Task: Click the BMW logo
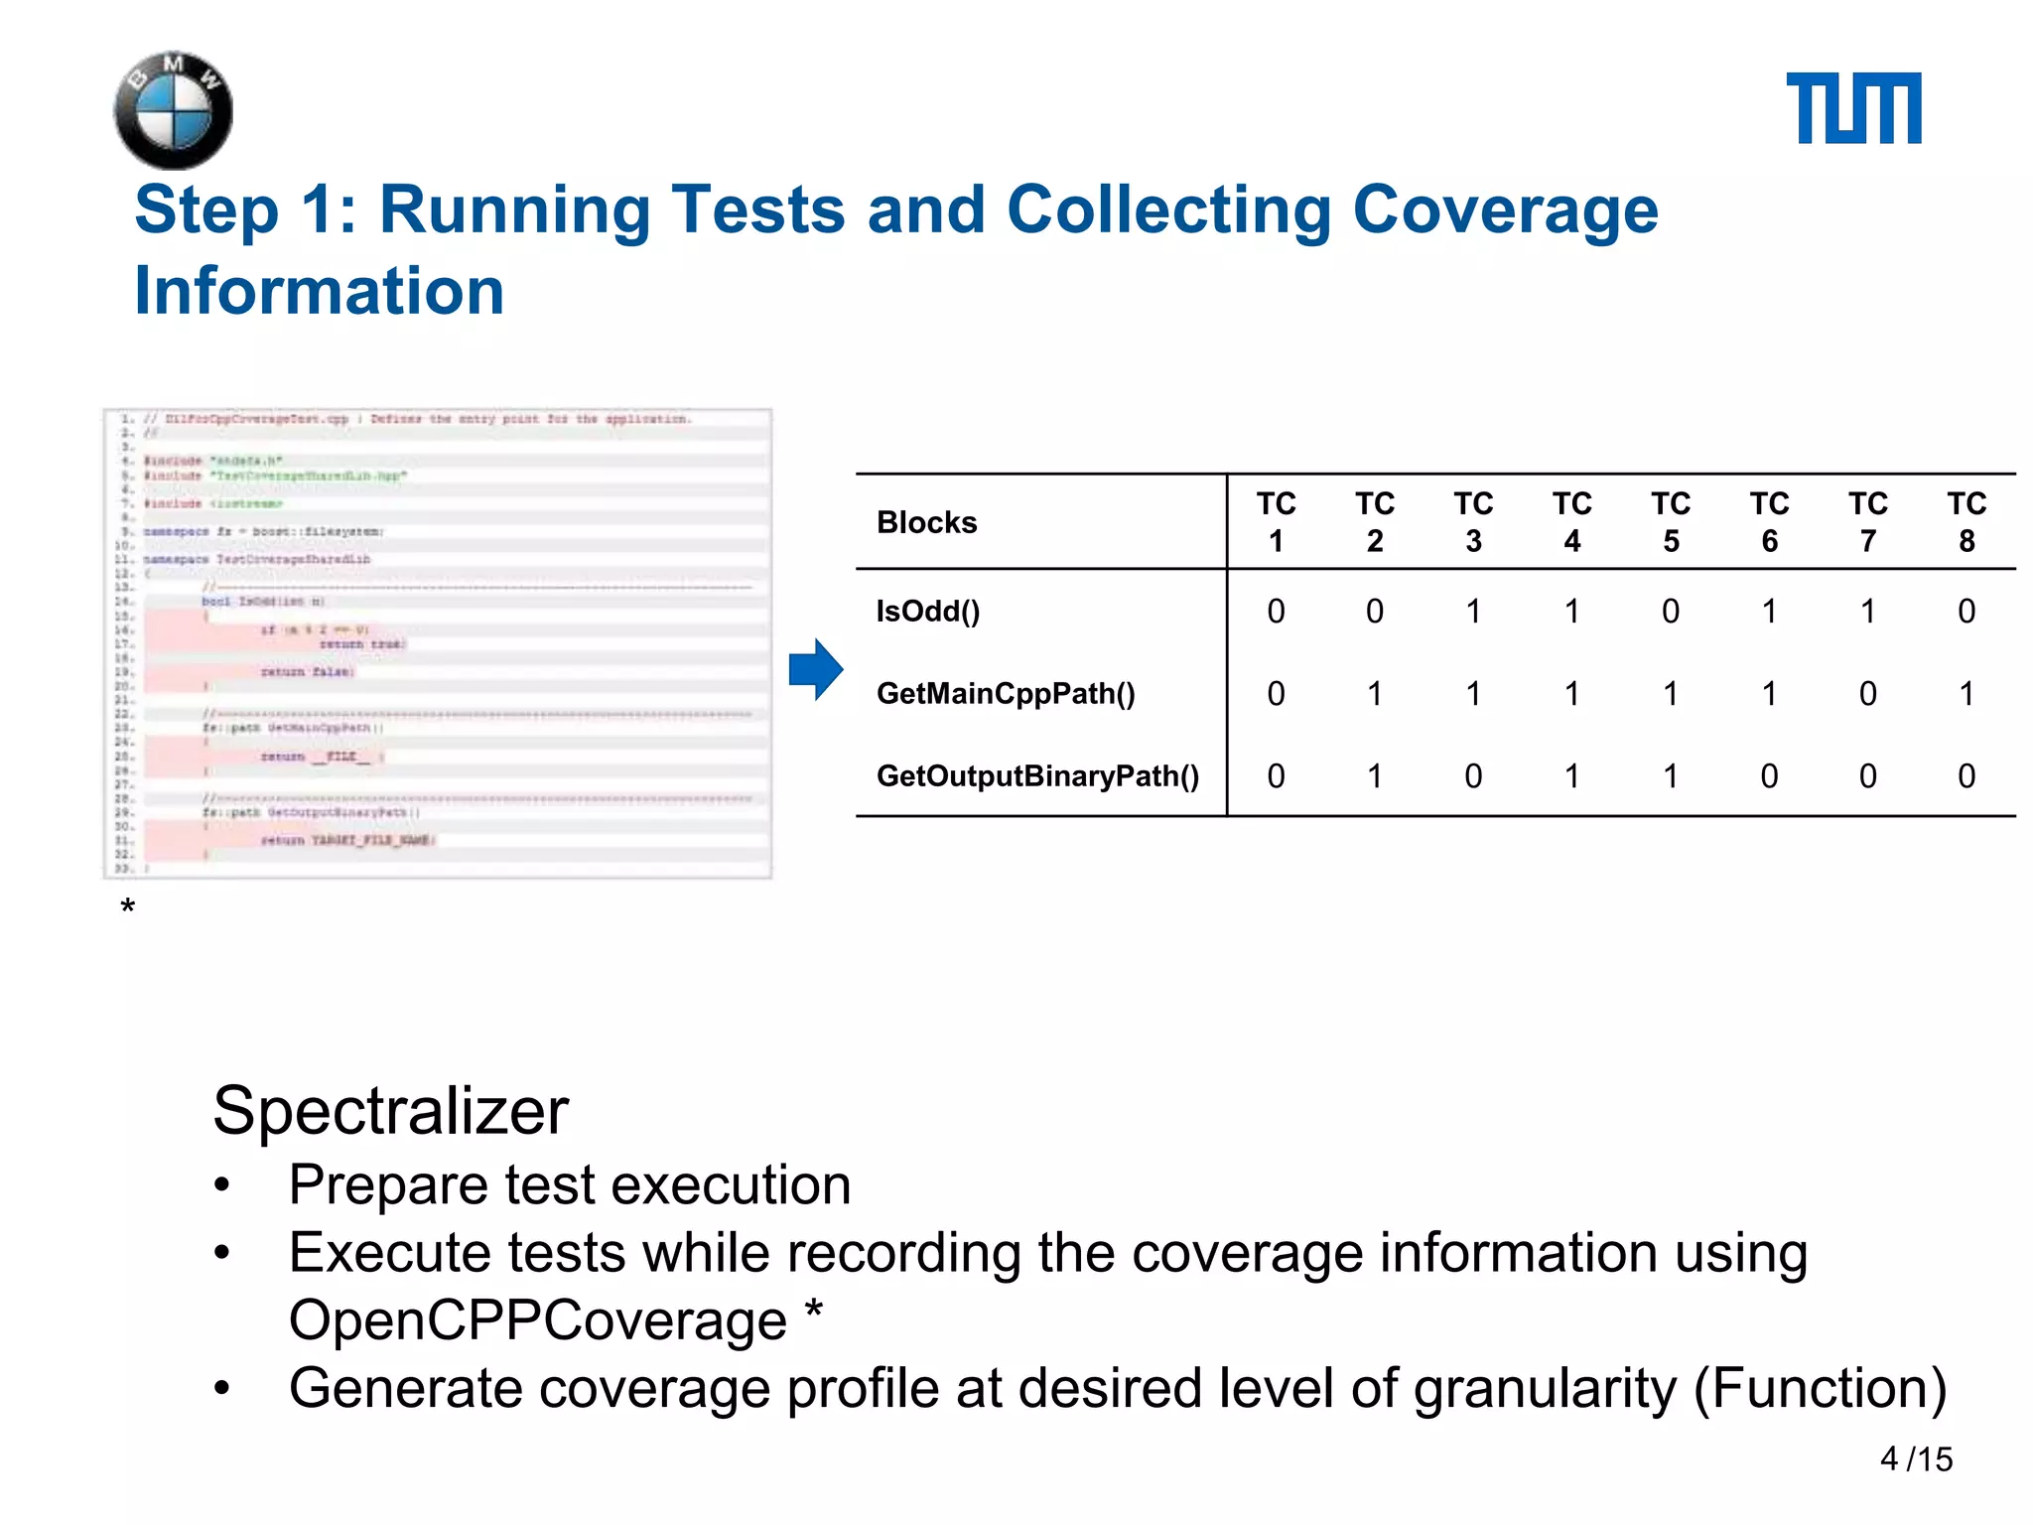tap(174, 110)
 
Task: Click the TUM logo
tap(1852, 108)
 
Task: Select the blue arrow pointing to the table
tap(816, 669)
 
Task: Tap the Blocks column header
tap(926, 522)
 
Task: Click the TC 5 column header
tap(1671, 522)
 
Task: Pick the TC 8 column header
tap(1965, 522)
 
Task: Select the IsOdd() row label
tap(927, 611)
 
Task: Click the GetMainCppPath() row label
tap(1005, 693)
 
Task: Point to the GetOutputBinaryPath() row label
tap(1037, 775)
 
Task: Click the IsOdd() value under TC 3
tap(1473, 611)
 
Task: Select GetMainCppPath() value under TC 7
tap(1867, 693)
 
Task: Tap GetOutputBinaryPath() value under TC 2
tap(1375, 775)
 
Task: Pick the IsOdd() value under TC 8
tap(1965, 611)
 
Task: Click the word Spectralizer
tap(390, 1110)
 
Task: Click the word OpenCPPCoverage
tap(537, 1320)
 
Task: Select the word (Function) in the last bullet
tap(1820, 1388)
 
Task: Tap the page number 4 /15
tap(1915, 1458)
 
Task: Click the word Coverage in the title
tap(1505, 209)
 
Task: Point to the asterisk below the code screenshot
tap(127, 907)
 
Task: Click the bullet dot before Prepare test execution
tap(222, 1185)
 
